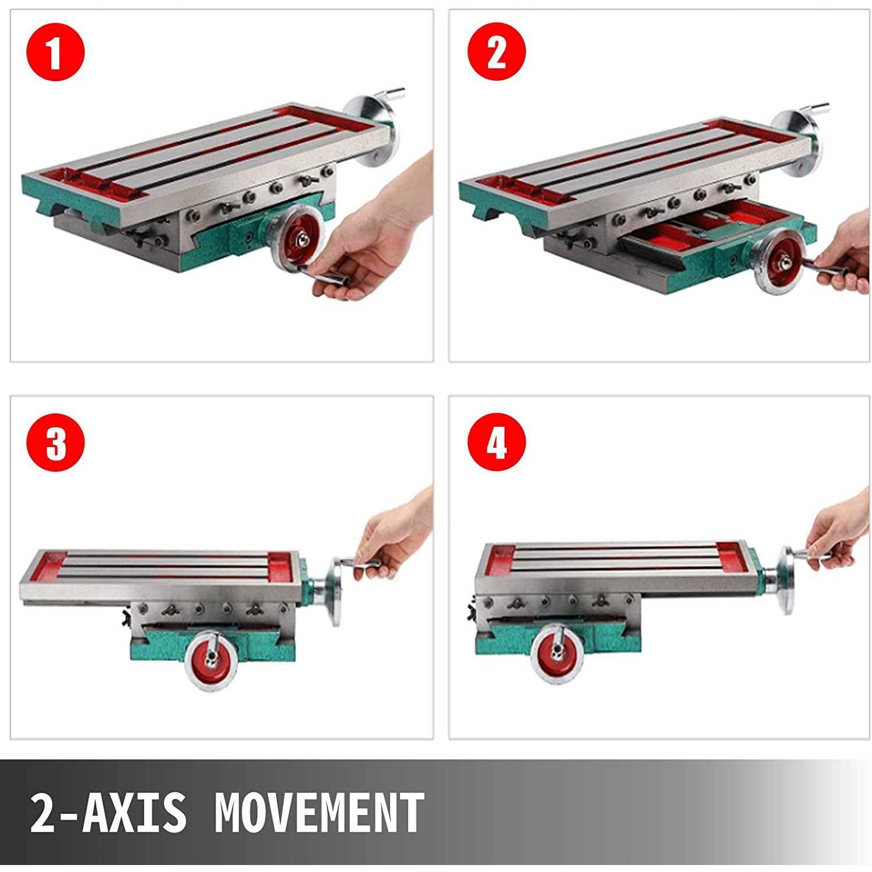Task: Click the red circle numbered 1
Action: coord(56,52)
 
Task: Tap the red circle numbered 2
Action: coord(497,52)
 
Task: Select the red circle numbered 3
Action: coord(56,442)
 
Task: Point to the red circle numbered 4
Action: coord(497,442)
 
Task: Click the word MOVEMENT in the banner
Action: coord(319,812)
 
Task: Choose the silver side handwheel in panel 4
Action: coord(788,580)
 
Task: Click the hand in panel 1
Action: coord(372,233)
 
